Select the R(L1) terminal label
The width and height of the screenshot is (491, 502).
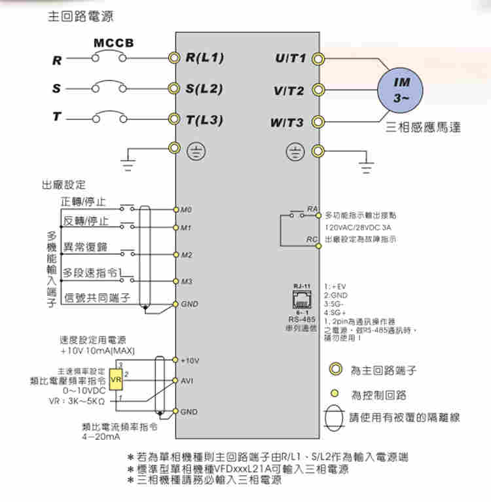204,59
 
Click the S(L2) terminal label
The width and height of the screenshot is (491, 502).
204,88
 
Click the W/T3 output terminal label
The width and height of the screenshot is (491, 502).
289,122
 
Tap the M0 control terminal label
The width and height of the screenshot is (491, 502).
187,210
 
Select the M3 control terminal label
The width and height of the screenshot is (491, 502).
187,281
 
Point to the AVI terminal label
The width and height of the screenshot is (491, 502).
187,381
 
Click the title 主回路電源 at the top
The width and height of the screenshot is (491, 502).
75,16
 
